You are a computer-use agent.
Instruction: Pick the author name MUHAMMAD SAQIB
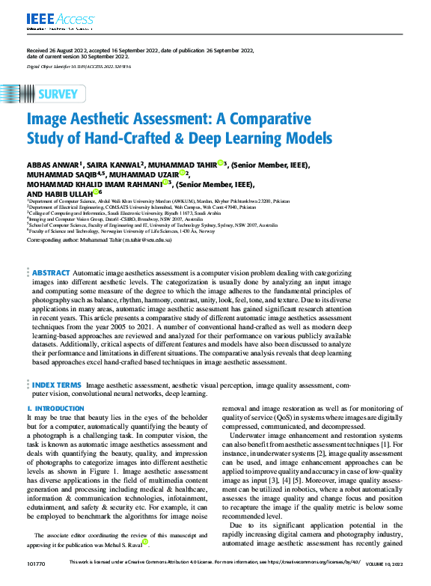tap(58, 174)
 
